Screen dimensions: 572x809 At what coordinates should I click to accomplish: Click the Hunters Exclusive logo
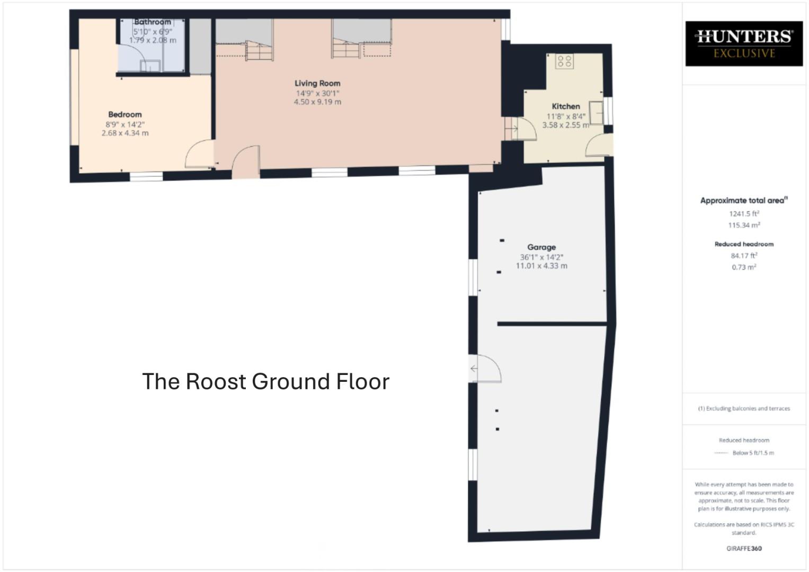[x=744, y=43]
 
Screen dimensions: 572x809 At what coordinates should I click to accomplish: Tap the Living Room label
[x=317, y=83]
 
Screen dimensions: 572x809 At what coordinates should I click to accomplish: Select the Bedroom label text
[x=125, y=114]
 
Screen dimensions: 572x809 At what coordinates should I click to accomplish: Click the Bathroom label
[x=153, y=22]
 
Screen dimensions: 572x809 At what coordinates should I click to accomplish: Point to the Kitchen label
[x=566, y=106]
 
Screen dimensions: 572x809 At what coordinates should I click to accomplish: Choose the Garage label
[x=541, y=247]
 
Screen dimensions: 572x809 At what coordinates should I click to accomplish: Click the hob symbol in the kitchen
[x=564, y=61]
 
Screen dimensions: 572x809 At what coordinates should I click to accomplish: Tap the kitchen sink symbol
[x=596, y=113]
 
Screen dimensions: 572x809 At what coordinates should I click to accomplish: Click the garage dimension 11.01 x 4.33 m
[x=541, y=266]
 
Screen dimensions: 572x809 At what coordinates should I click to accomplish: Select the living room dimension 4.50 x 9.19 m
[x=317, y=102]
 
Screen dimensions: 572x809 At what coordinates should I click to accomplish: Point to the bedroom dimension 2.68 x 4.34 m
[x=125, y=133]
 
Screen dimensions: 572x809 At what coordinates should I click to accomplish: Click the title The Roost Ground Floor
[x=265, y=381]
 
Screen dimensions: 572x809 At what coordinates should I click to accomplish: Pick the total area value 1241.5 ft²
[x=744, y=214]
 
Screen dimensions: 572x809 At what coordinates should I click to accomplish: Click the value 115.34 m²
[x=744, y=225]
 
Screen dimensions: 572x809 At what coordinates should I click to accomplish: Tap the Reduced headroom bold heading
[x=744, y=244]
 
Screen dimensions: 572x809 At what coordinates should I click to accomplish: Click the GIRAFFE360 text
[x=744, y=549]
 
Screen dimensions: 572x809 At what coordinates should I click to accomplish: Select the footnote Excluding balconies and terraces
[x=744, y=408]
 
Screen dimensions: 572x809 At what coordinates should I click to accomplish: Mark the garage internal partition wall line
[x=552, y=323]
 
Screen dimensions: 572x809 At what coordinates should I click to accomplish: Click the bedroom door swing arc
[x=198, y=154]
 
